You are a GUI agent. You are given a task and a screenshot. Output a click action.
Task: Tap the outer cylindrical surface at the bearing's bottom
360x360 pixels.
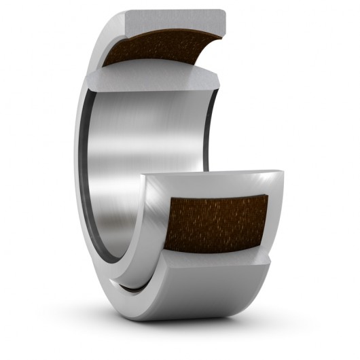[x=197, y=306]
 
